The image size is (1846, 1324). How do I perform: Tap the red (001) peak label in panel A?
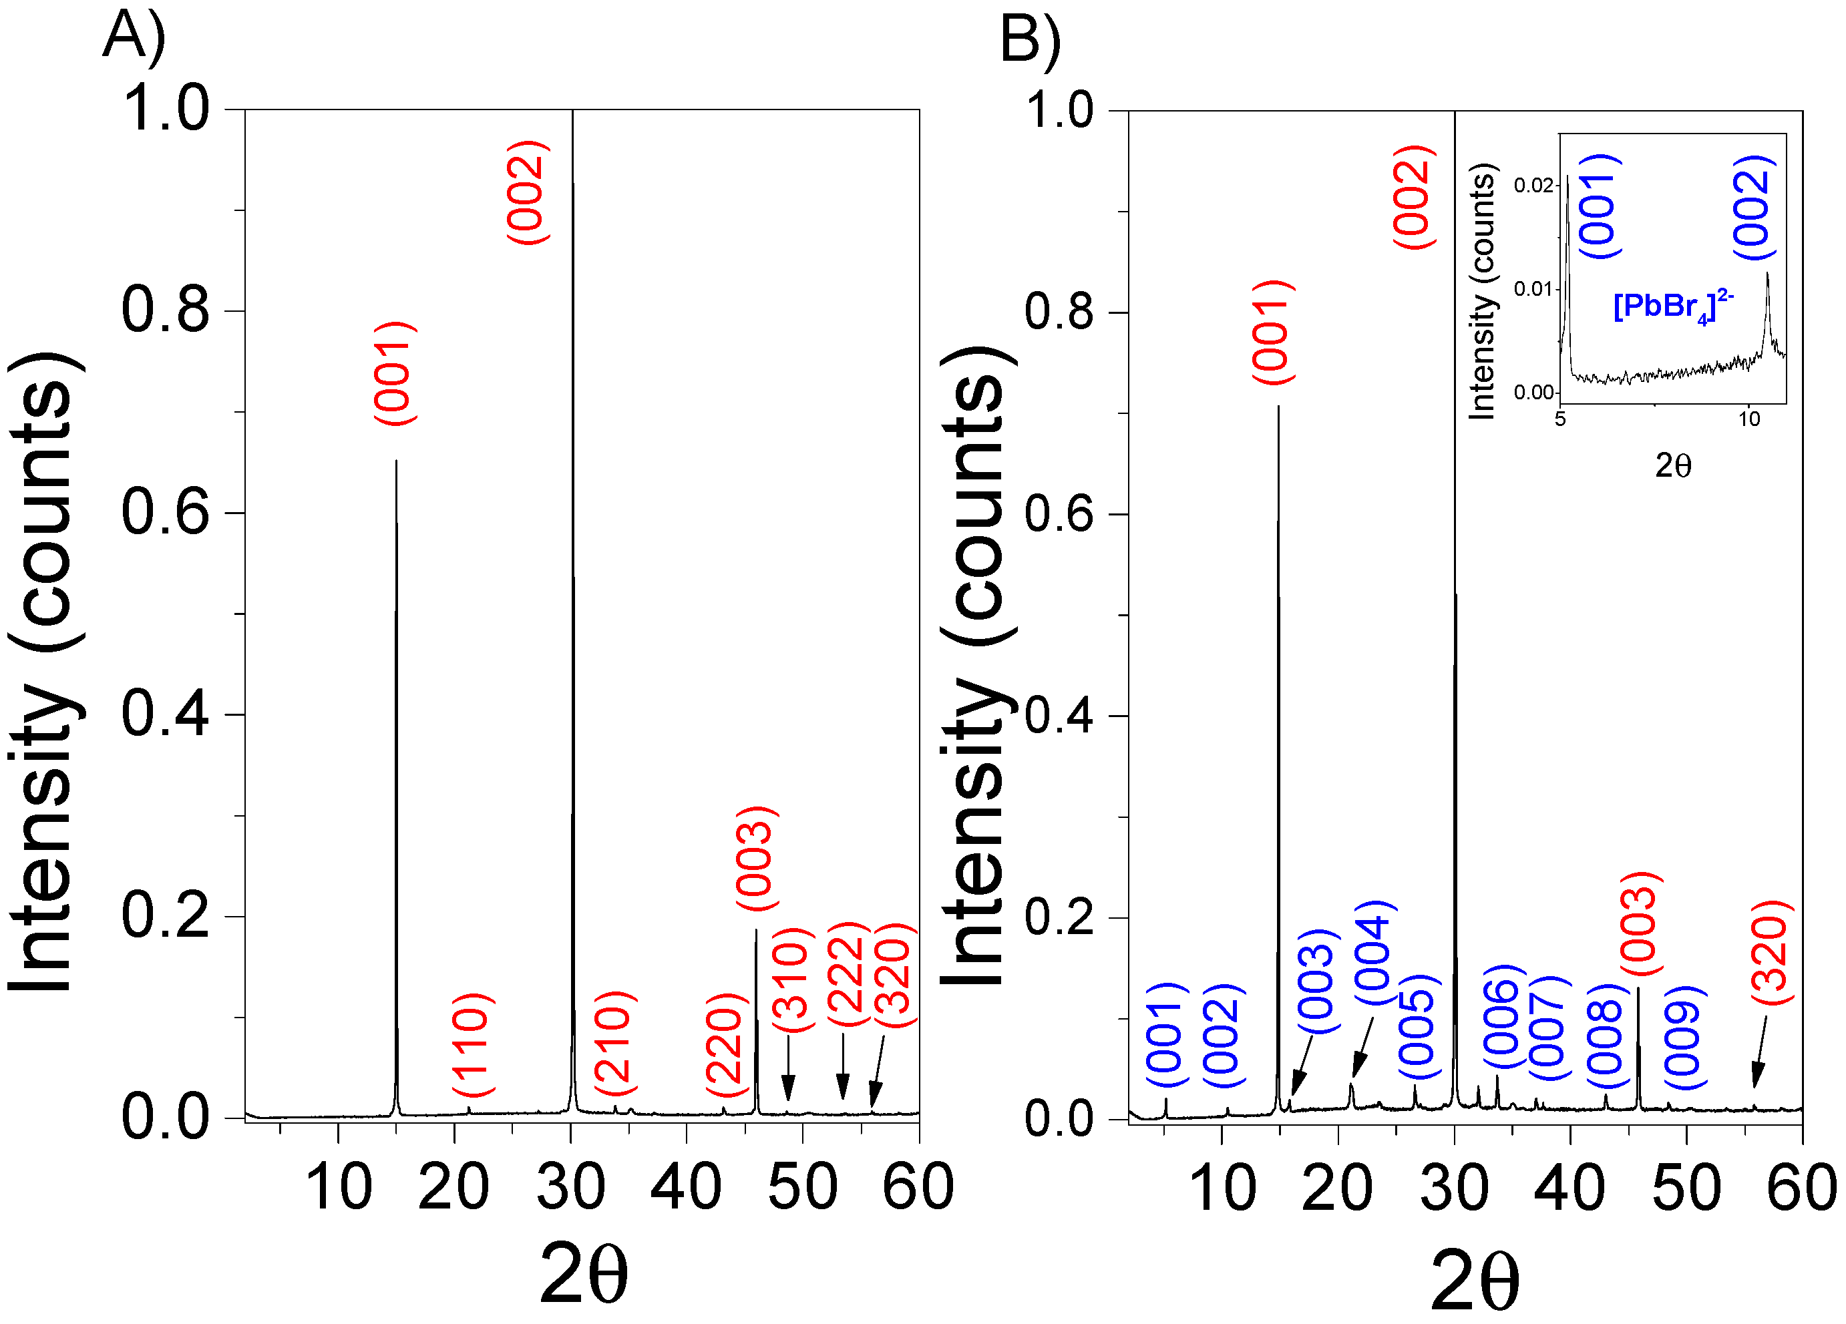tap(395, 373)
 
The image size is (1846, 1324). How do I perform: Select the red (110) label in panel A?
tap(473, 1045)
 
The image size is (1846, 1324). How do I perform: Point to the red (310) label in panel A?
tap(792, 979)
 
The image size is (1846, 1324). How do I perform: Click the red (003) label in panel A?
tap(757, 859)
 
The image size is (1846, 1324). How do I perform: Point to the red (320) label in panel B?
tap(1771, 953)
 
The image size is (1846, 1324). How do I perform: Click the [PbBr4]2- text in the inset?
tap(1672, 308)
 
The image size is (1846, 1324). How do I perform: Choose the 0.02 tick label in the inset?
tap(1533, 186)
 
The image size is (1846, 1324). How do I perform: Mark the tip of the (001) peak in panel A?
tap(397, 461)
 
